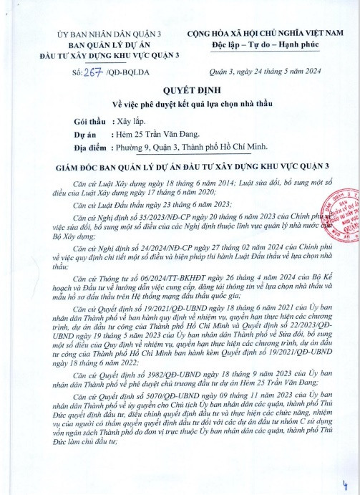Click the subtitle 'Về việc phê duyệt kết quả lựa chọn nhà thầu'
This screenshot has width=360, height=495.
click(x=180, y=105)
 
